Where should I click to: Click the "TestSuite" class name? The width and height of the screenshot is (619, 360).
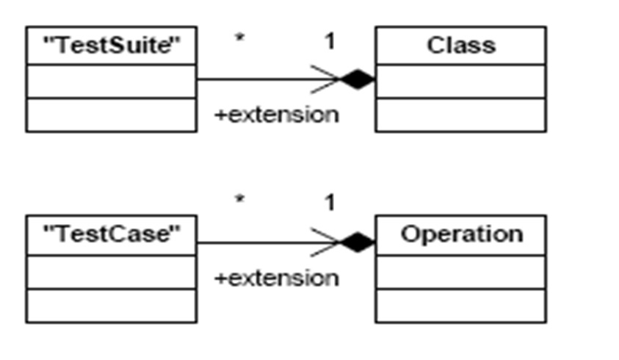pyautogui.click(x=111, y=46)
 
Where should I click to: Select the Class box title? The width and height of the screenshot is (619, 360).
pyautogui.click(x=460, y=46)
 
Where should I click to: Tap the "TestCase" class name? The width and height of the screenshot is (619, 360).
pyautogui.click(x=111, y=234)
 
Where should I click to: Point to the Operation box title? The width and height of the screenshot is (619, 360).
pyautogui.click(x=461, y=234)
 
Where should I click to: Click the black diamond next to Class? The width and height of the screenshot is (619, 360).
pyautogui.click(x=358, y=79)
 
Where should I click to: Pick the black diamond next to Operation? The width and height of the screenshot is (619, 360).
pyautogui.click(x=358, y=241)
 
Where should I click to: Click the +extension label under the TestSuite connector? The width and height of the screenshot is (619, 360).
pyautogui.click(x=276, y=115)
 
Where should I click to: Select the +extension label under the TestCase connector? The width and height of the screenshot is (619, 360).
pyautogui.click(x=276, y=278)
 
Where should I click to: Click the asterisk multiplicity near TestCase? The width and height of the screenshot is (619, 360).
pyautogui.click(x=239, y=200)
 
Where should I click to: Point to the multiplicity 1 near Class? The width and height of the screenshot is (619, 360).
pyautogui.click(x=330, y=41)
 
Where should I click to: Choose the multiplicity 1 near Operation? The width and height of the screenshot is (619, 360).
pyautogui.click(x=330, y=203)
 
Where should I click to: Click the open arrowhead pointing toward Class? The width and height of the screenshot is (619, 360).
pyautogui.click(x=327, y=79)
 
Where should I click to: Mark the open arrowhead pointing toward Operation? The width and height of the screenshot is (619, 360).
pyautogui.click(x=327, y=242)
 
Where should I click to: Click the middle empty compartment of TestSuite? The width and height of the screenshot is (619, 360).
pyautogui.click(x=111, y=80)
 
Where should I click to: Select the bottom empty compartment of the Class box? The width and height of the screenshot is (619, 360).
pyautogui.click(x=460, y=115)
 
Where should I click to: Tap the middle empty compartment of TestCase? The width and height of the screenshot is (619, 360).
pyautogui.click(x=111, y=272)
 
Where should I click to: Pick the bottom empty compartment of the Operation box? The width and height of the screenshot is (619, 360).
pyautogui.click(x=460, y=306)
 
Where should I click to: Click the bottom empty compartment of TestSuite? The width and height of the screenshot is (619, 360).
pyautogui.click(x=111, y=115)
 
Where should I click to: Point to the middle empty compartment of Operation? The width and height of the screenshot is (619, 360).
pyautogui.click(x=460, y=272)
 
